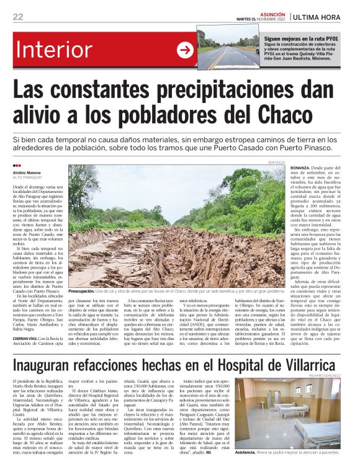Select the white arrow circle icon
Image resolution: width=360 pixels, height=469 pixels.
point(185,50)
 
